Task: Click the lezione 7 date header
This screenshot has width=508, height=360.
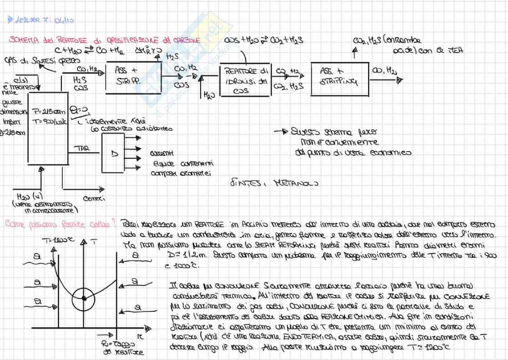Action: pos(39,20)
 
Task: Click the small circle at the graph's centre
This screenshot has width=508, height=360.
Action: pos(84,299)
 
